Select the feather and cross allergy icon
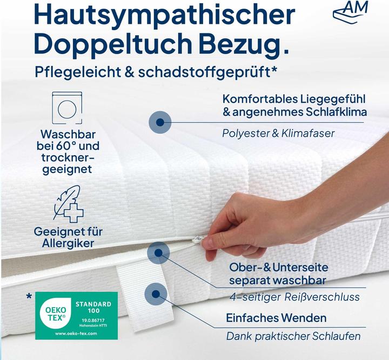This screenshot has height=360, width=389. pos(68,204)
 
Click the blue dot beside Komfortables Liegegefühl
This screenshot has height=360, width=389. pos(159,122)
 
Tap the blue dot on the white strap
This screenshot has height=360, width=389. pos(156,294)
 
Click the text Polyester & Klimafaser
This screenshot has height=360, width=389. pos(278,133)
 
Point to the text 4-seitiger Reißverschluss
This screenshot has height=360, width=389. pos(294,297)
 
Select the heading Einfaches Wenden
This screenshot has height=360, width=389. pos(276,317)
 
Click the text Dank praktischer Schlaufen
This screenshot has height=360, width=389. pos(293,336)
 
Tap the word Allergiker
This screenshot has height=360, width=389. pos(68,243)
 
